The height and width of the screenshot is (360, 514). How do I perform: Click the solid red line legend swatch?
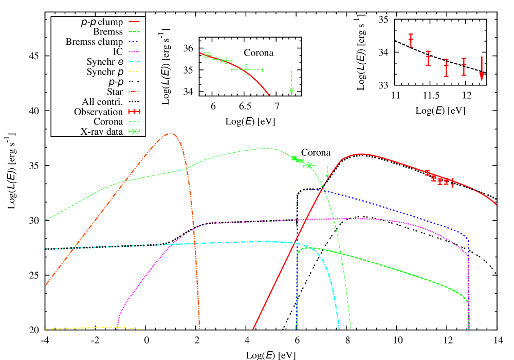tap(134, 22)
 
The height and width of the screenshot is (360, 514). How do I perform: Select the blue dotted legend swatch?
tap(134, 41)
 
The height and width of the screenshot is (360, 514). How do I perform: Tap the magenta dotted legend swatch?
tap(134, 51)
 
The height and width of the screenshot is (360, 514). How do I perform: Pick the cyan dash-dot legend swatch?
tap(134, 61)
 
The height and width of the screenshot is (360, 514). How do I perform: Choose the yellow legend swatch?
tap(134, 71)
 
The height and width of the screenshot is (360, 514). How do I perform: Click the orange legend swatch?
tap(134, 91)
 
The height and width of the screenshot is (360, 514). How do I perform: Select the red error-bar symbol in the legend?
tap(134, 111)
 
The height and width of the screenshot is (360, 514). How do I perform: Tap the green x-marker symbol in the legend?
tap(134, 131)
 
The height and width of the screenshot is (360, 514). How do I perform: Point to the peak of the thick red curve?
tap(361, 154)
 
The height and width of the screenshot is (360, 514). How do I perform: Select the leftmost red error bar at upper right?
tap(411, 41)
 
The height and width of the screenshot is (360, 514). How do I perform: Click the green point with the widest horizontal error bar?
tap(247, 69)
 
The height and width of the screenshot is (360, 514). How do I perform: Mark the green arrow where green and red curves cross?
tap(327, 173)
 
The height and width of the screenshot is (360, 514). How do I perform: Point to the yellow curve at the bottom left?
tap(93, 328)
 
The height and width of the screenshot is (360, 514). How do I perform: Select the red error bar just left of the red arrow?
tap(464, 67)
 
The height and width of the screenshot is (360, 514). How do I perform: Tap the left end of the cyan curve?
tap(47, 249)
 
